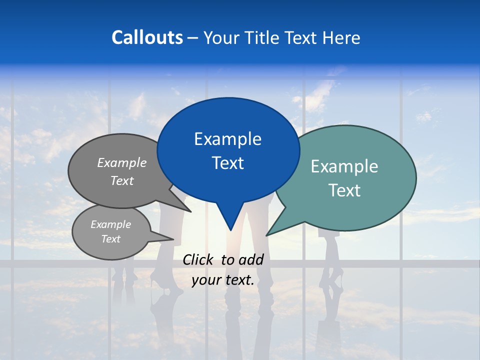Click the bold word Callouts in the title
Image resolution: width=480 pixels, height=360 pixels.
(x=147, y=37)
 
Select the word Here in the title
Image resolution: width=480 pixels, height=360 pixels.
(x=341, y=37)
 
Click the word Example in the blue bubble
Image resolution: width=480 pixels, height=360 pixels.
(x=227, y=139)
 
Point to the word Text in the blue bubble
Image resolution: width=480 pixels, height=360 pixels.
(x=227, y=163)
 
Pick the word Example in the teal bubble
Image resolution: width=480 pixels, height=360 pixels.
(x=344, y=166)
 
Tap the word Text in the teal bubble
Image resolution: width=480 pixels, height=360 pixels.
(x=344, y=190)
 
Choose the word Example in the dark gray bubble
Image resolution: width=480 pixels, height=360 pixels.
(x=122, y=162)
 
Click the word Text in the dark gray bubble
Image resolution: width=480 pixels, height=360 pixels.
(x=122, y=180)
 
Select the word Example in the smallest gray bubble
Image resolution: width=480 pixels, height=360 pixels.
(x=110, y=224)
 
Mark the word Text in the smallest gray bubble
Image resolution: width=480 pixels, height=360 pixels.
(x=110, y=239)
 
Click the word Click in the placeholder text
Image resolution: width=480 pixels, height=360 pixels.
(x=198, y=259)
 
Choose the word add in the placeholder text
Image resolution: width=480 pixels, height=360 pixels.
(x=251, y=259)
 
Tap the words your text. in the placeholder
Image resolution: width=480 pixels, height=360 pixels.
(x=223, y=280)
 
